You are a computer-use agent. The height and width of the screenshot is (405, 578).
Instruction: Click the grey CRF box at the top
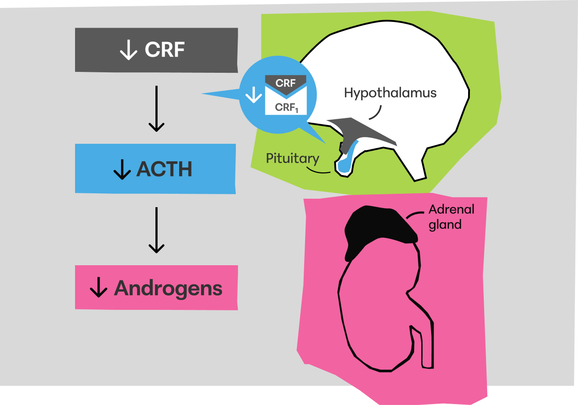click(156, 50)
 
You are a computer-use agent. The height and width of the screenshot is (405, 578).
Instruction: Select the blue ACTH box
click(155, 169)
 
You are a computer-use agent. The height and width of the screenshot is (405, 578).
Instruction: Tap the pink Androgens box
click(156, 288)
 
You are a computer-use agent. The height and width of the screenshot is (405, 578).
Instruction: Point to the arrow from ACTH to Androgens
click(156, 230)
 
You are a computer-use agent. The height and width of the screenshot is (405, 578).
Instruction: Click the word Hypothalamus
click(390, 93)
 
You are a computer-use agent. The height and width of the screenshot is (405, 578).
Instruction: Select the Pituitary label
click(293, 159)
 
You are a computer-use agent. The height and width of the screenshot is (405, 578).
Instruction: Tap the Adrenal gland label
click(445, 217)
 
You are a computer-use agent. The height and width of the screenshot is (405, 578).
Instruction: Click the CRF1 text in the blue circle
click(286, 107)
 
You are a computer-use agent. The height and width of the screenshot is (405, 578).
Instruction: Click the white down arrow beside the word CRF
click(129, 50)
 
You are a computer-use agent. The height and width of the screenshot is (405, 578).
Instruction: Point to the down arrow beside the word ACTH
click(122, 169)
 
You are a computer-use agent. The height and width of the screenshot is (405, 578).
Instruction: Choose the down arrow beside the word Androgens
click(98, 288)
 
